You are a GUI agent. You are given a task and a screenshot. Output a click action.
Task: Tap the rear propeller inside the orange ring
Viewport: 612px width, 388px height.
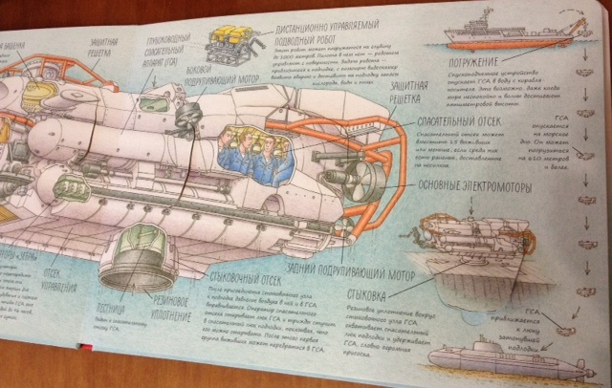367,176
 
